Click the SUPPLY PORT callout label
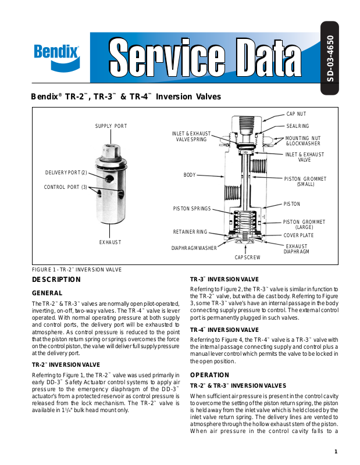pyautogui.click(x=111, y=126)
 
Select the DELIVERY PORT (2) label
pyautogui.click(x=66, y=173)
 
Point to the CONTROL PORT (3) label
pyautogui.click(x=66, y=187)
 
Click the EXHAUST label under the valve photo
pyautogui.click(x=111, y=242)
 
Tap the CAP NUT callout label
pyautogui.click(x=297, y=114)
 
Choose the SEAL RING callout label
pyautogui.click(x=298, y=126)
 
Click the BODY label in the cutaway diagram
pyautogui.click(x=190, y=174)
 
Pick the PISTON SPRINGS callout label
pyautogui.click(x=192, y=208)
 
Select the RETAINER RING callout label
pyautogui.click(x=190, y=232)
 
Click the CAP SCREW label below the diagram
pyautogui.click(x=247, y=257)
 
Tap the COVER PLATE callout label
pyautogui.click(x=298, y=235)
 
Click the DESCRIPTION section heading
pyautogui.click(x=56, y=280)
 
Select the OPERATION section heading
pyautogui.click(x=210, y=375)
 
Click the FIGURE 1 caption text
pyautogui.click(x=76, y=269)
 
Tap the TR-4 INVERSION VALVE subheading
pyautogui.click(x=224, y=330)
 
